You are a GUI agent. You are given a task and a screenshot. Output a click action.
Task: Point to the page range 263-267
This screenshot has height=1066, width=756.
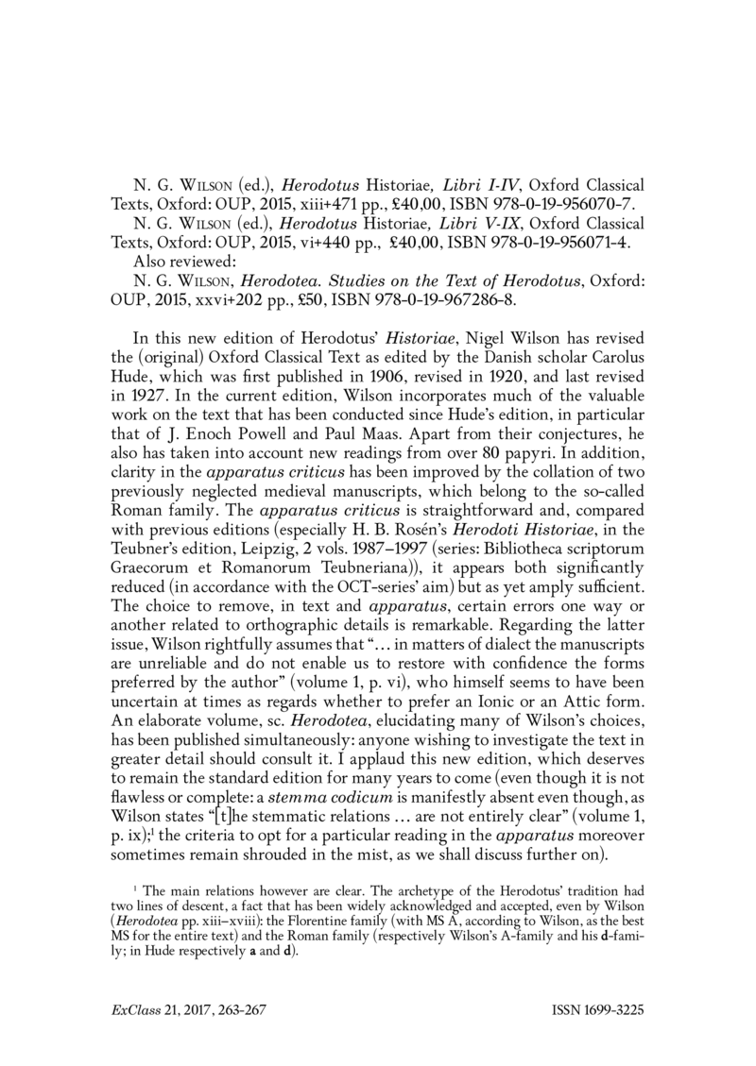tap(240, 1008)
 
